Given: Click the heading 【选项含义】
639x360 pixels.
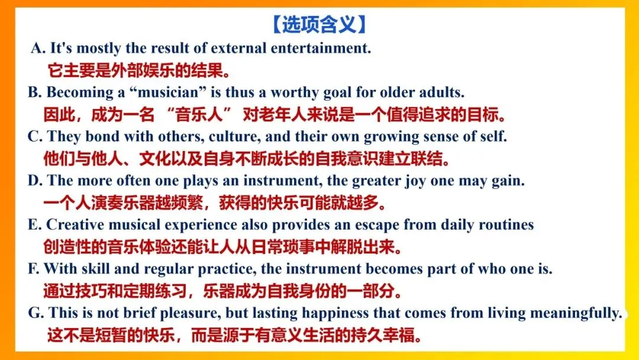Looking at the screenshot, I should pos(319,24).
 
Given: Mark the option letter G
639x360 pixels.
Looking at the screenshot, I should pos(34,313).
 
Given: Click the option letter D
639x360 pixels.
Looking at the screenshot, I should pos(34,181).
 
